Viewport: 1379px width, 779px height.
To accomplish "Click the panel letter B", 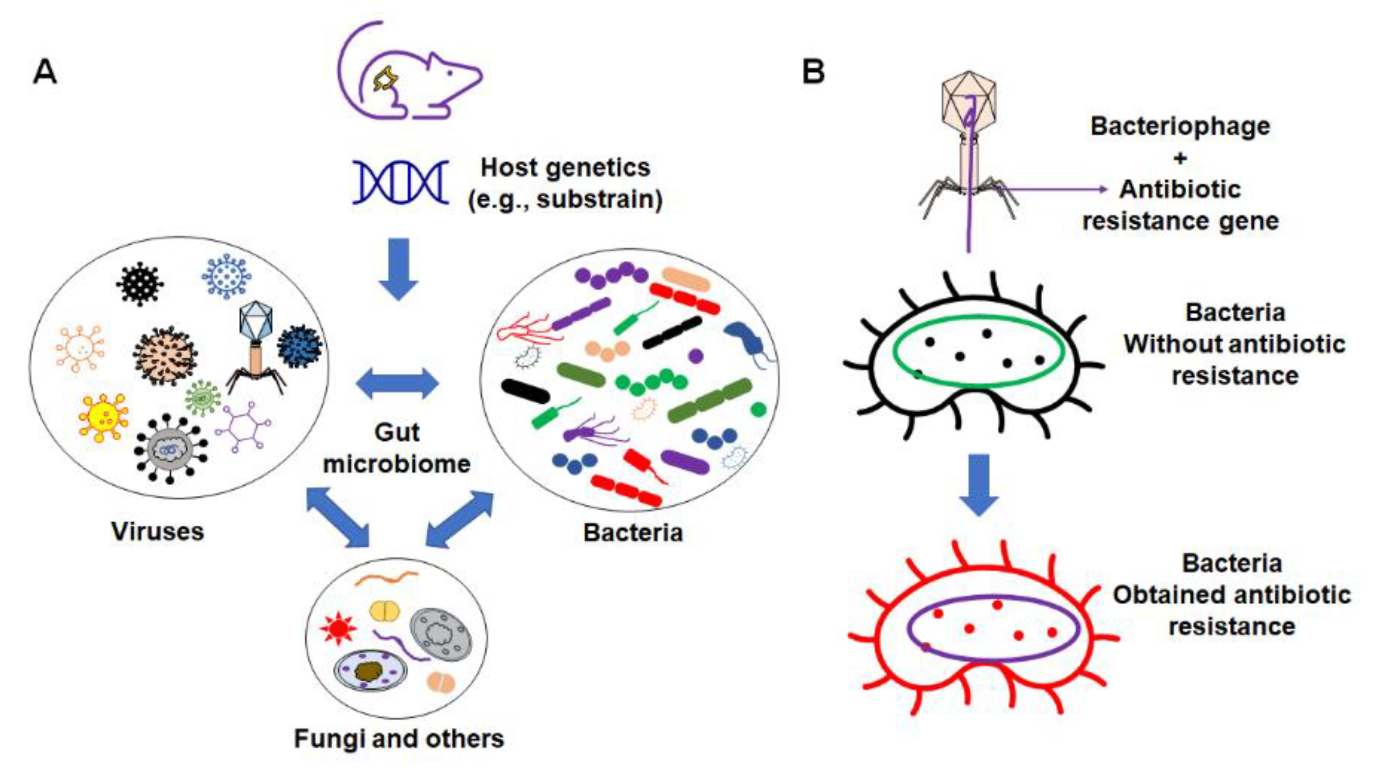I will (813, 72).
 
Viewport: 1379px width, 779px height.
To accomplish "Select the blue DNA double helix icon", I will (400, 183).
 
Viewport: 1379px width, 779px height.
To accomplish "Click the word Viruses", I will (157, 531).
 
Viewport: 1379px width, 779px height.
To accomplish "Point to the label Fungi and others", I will (399, 739).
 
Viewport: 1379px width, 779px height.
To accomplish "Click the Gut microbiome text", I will (397, 448).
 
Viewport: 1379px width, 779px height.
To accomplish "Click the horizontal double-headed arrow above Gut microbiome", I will (397, 383).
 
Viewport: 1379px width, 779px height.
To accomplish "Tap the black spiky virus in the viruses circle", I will (140, 284).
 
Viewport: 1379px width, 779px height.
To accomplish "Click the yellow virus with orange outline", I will (103, 417).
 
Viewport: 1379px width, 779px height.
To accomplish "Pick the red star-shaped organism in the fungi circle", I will (338, 628).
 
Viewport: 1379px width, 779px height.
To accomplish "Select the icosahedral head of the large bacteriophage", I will (968, 102).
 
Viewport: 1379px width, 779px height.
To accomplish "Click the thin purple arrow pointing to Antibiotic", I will (1054, 189).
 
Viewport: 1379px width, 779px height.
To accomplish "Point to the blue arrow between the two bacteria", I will (979, 484).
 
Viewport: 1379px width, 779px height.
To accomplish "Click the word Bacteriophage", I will (1180, 126).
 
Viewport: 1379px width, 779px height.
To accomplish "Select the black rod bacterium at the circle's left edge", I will (525, 391).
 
